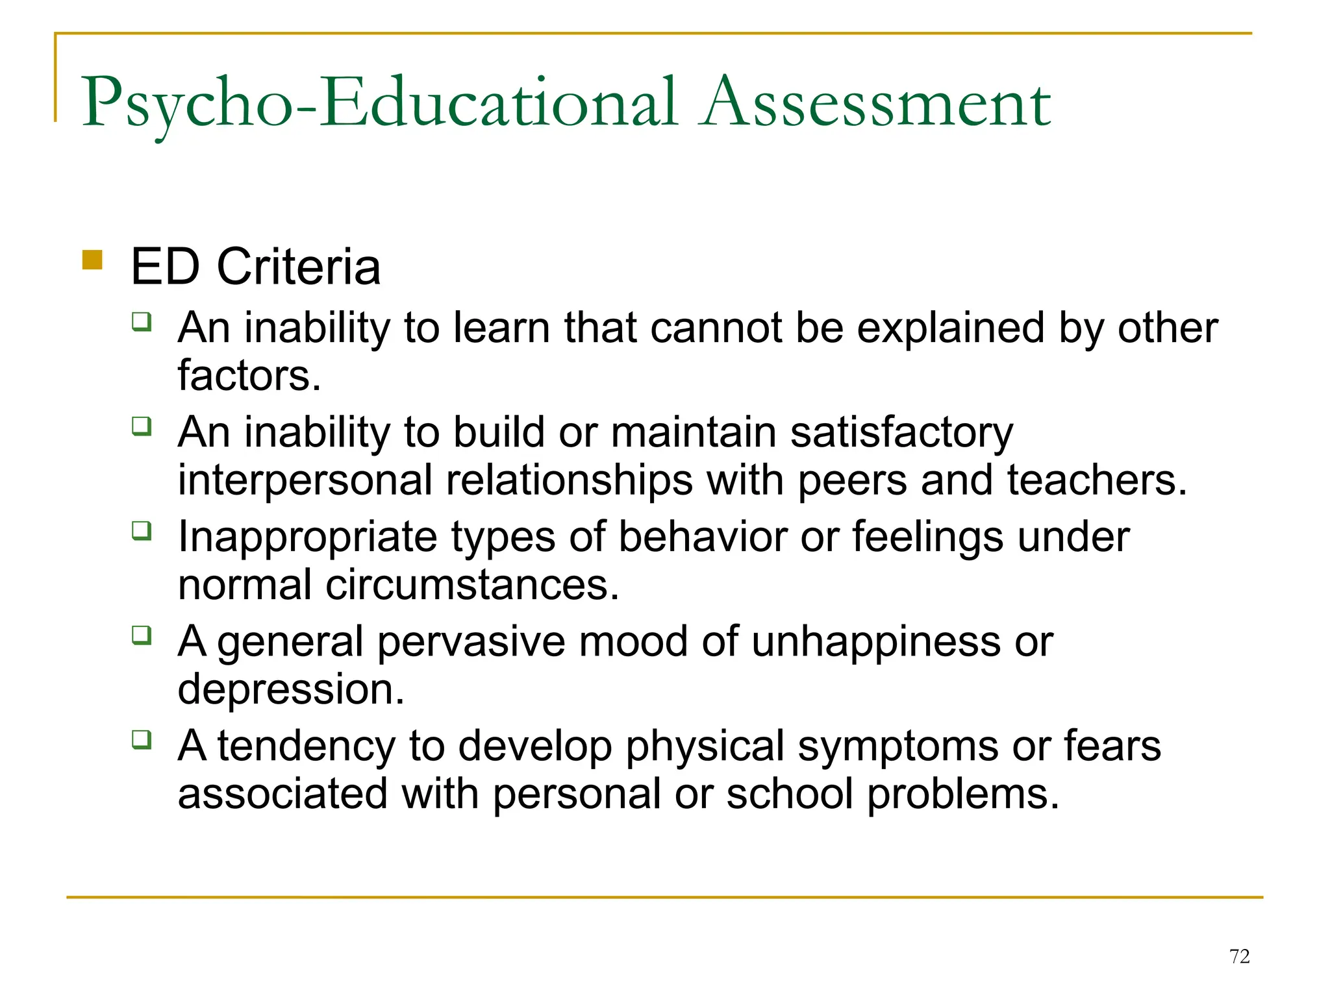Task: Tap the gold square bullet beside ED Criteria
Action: [x=93, y=260]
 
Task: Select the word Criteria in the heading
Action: [x=299, y=267]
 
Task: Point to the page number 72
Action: [x=1239, y=956]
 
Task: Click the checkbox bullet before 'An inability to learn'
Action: [x=142, y=322]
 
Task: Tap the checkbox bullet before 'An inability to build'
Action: [x=142, y=426]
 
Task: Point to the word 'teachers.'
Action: [x=1097, y=481]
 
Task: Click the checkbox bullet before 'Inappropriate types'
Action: [x=142, y=531]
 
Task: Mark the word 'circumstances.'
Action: [x=472, y=585]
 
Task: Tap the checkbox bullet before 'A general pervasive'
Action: [x=142, y=635]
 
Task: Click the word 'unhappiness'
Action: [x=876, y=642]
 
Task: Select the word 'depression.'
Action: [x=291, y=689]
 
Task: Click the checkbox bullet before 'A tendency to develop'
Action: [x=142, y=739]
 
